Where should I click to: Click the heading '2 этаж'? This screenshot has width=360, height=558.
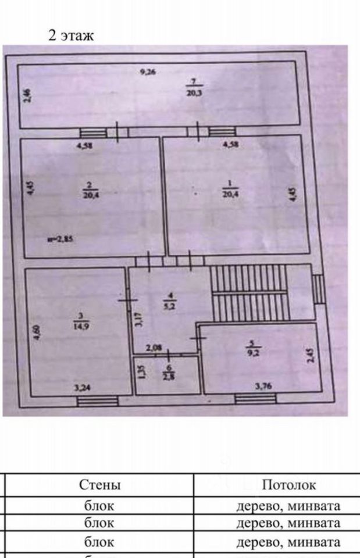pos(70,35)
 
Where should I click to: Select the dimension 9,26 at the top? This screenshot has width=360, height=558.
pos(149,72)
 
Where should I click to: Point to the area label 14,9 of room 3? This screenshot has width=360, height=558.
pos(80,325)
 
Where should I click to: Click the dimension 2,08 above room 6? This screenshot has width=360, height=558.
pos(154,348)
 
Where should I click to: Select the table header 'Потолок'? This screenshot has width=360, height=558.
pos(288,485)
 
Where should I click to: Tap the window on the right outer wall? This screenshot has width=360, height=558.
pos(318,288)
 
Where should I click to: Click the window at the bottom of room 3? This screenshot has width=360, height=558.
pos(97,400)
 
